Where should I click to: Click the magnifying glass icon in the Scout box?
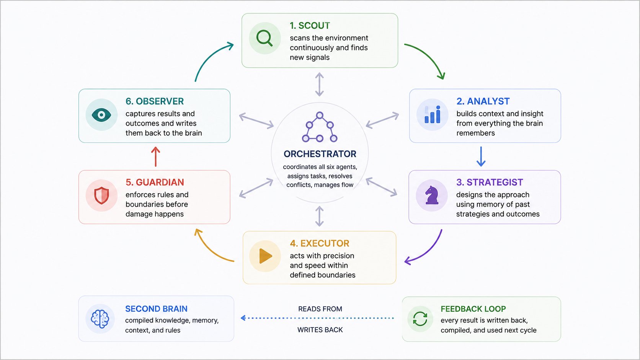pyautogui.click(x=264, y=38)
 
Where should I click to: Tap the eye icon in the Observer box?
pyautogui.click(x=101, y=115)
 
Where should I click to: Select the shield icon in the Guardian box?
pyautogui.click(x=101, y=195)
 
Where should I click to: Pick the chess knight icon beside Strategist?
pyautogui.click(x=432, y=195)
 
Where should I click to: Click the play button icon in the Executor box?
pyautogui.click(x=265, y=256)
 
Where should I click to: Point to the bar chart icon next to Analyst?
pyautogui.click(x=432, y=114)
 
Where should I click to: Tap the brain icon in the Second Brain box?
pyautogui.click(x=100, y=319)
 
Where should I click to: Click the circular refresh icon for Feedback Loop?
pyautogui.click(x=420, y=319)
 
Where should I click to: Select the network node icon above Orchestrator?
pyautogui.click(x=320, y=127)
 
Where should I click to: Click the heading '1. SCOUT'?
pyautogui.click(x=310, y=26)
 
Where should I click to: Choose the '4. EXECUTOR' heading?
pyautogui.click(x=320, y=243)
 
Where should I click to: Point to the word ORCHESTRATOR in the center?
pyautogui.click(x=320, y=154)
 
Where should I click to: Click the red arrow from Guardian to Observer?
pyautogui.click(x=155, y=156)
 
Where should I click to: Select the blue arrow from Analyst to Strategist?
pyautogui.click(x=481, y=156)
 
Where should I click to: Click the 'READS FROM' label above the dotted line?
pyautogui.click(x=320, y=309)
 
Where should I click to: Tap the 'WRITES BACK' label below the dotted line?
pyautogui.click(x=320, y=330)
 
